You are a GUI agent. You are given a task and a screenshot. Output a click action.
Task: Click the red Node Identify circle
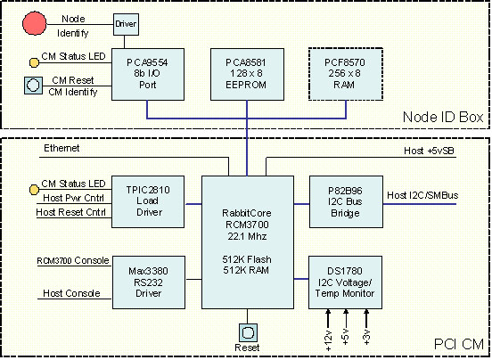[x=35, y=23]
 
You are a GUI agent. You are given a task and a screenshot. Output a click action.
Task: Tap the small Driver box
[x=126, y=24]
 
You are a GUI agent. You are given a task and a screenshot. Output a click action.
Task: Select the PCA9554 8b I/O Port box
[x=148, y=74]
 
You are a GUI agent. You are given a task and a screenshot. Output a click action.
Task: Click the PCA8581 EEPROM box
[x=247, y=74]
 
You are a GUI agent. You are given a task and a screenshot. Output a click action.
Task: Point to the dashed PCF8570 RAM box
[x=346, y=74]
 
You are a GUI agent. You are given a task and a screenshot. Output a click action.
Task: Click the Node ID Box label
[x=443, y=117]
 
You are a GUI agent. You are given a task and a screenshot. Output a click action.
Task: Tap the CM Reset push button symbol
[x=34, y=86]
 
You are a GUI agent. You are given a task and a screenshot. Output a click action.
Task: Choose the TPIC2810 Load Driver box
[x=148, y=201]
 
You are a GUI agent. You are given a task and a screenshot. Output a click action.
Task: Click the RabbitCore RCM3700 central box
[x=248, y=242]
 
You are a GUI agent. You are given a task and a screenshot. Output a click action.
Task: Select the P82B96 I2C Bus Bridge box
[x=346, y=201]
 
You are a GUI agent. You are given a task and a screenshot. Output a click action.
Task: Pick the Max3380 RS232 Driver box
[x=149, y=282]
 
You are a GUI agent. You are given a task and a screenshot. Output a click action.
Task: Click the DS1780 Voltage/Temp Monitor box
[x=345, y=282]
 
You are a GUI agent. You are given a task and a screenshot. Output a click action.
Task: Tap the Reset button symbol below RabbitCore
[x=248, y=332]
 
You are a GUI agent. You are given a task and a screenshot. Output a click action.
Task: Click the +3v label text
[x=367, y=338]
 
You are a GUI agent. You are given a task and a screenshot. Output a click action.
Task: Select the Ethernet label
[x=61, y=148]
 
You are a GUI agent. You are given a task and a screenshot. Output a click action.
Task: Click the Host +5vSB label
[x=429, y=151]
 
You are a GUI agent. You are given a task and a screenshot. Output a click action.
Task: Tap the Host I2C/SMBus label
[x=422, y=195]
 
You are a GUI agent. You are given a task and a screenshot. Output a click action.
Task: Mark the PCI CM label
[x=459, y=344]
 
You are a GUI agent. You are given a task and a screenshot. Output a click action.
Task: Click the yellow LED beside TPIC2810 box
[x=34, y=190]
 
